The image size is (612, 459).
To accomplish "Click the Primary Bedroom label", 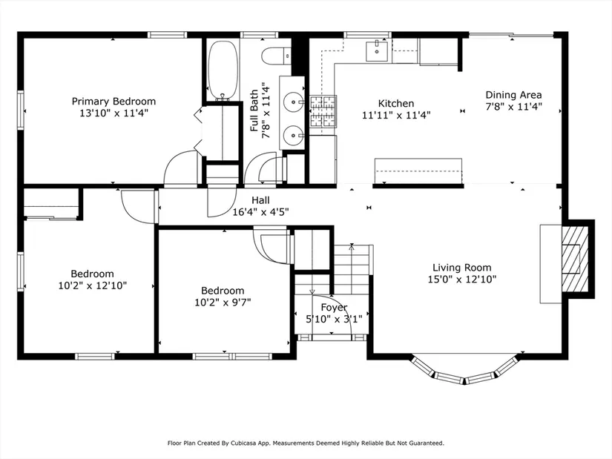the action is (113, 102).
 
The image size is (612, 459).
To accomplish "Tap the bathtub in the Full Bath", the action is (223, 70).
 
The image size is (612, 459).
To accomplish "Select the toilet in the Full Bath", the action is (276, 56).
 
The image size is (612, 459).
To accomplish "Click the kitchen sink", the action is (377, 50).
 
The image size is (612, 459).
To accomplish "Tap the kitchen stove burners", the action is (323, 112).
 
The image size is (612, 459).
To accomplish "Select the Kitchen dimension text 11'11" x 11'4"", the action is (396, 115).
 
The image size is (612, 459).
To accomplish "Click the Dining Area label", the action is (513, 95).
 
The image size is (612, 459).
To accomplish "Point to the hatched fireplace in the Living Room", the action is (574, 260).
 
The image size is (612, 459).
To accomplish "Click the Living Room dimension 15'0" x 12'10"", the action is (461, 280).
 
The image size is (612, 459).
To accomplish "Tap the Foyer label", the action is (334, 308).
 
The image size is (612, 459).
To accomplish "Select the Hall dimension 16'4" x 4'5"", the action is (260, 212).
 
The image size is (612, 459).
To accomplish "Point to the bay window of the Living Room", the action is (465, 370).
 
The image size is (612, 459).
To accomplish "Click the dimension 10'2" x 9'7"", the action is (223, 303).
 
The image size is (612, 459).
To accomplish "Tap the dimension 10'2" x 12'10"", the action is (93, 285).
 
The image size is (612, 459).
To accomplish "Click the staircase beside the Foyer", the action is (352, 269).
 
